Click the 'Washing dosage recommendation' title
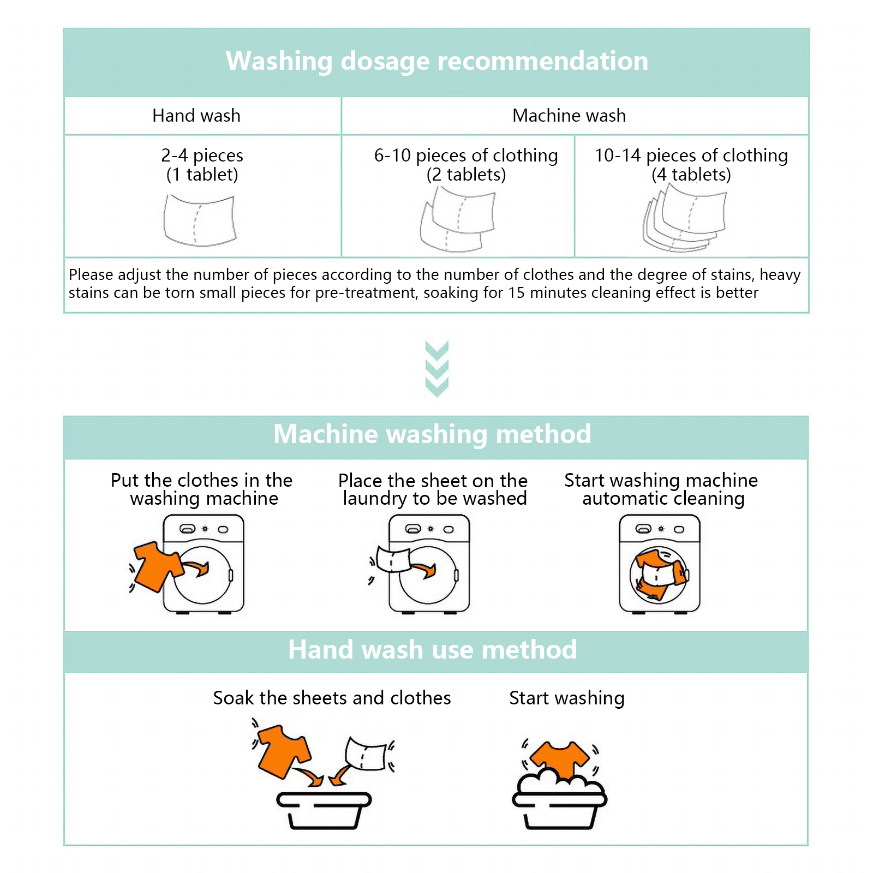(437, 61)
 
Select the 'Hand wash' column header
(196, 116)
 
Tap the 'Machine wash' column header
(569, 116)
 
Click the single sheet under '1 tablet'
(200, 220)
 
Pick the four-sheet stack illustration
(685, 218)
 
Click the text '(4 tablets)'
(691, 175)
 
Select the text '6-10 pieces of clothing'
(466, 156)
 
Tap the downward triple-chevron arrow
(436, 369)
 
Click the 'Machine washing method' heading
(432, 434)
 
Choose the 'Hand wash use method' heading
(432, 650)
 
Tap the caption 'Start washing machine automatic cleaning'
(661, 489)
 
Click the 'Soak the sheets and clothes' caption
(332, 698)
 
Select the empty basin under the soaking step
(324, 811)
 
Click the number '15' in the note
(517, 293)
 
